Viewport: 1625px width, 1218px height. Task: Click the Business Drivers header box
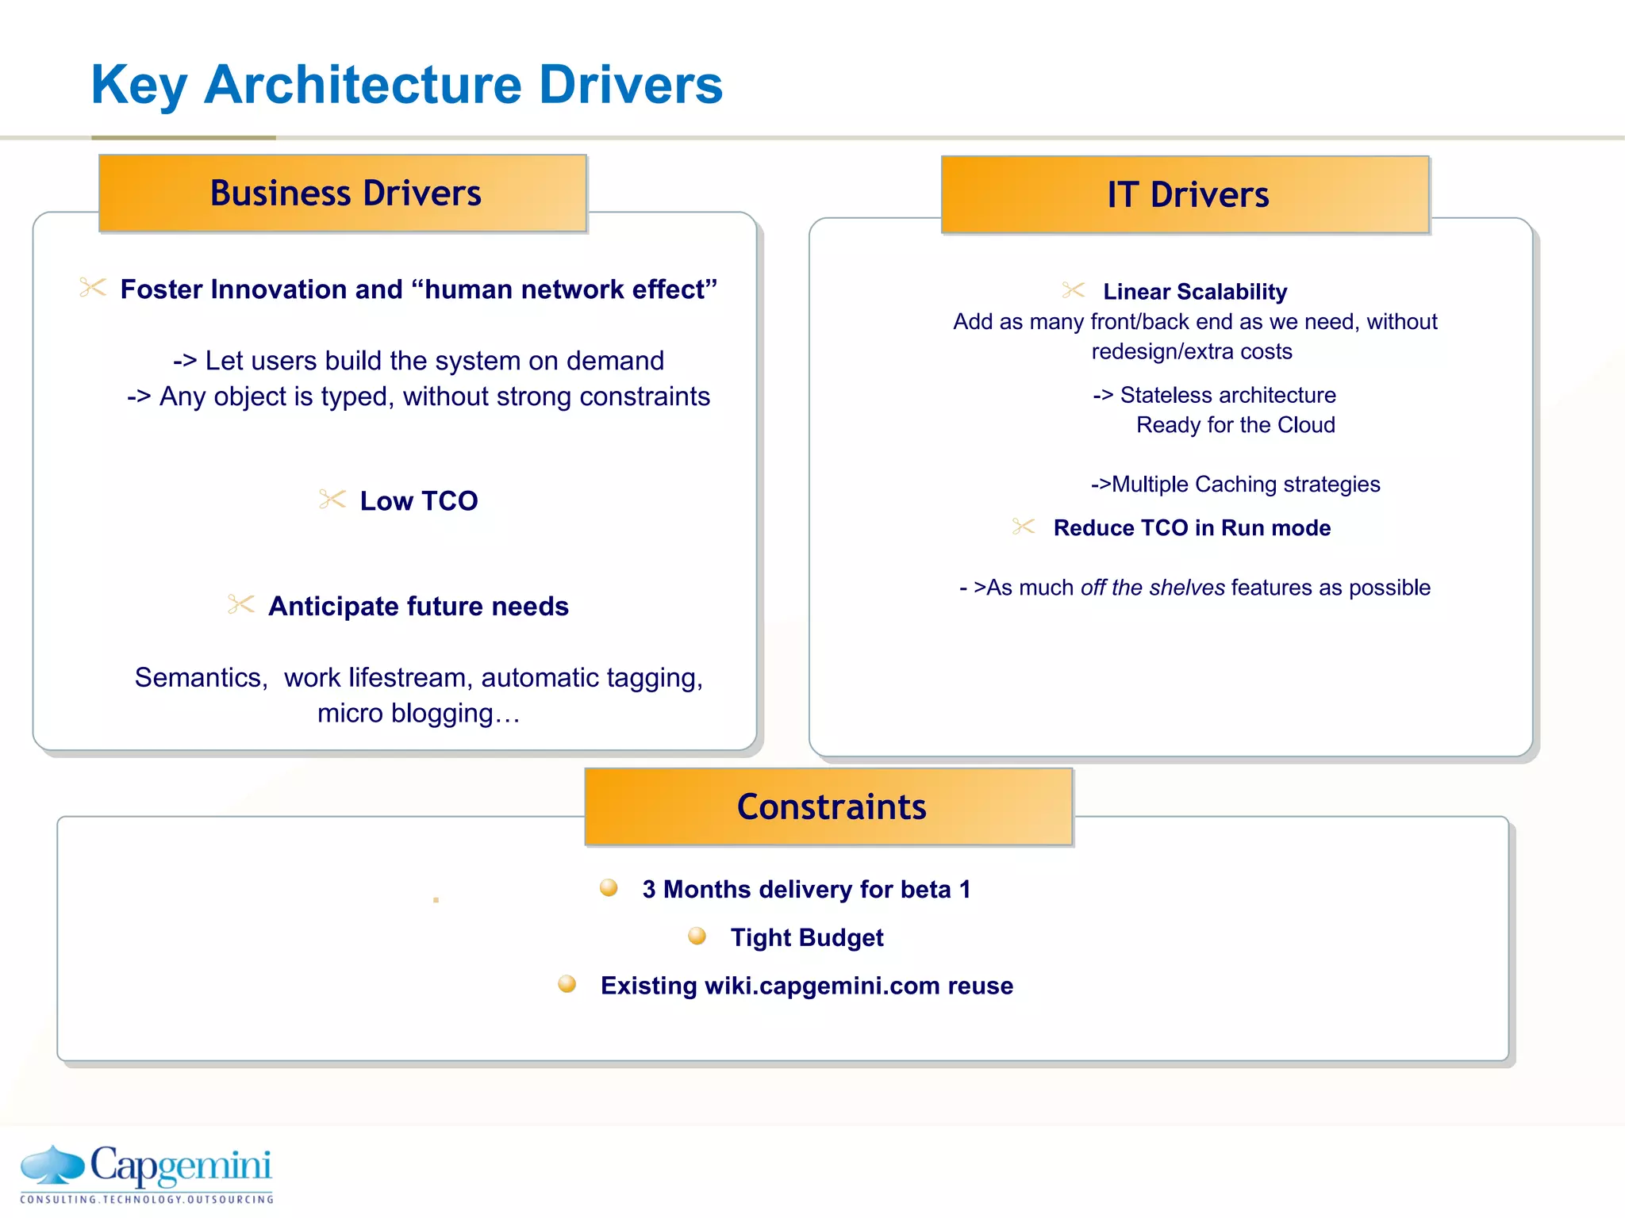(343, 193)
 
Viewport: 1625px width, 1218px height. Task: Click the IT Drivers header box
(1185, 195)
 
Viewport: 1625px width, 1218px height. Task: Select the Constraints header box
(828, 807)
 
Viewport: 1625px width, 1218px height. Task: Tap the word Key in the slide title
(139, 86)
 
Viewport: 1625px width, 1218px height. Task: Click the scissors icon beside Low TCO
(332, 500)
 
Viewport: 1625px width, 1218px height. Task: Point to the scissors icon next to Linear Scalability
(1074, 290)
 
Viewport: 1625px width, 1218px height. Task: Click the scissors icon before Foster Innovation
(93, 288)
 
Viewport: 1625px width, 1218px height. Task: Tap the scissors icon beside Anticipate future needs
(240, 605)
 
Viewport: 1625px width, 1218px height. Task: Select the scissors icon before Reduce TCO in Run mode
(1024, 527)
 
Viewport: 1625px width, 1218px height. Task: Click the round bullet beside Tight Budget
(697, 936)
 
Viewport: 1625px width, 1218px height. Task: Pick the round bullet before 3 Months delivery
(609, 887)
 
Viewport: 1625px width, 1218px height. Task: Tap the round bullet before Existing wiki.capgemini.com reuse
(567, 984)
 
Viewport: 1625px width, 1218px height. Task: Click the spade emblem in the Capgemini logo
(52, 1165)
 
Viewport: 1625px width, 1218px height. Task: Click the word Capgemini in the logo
(181, 1166)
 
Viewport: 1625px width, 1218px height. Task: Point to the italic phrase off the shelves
(1152, 588)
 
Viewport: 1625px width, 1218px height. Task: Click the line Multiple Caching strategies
(1236, 485)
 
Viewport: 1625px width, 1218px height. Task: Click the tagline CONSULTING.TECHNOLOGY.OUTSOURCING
(147, 1200)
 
